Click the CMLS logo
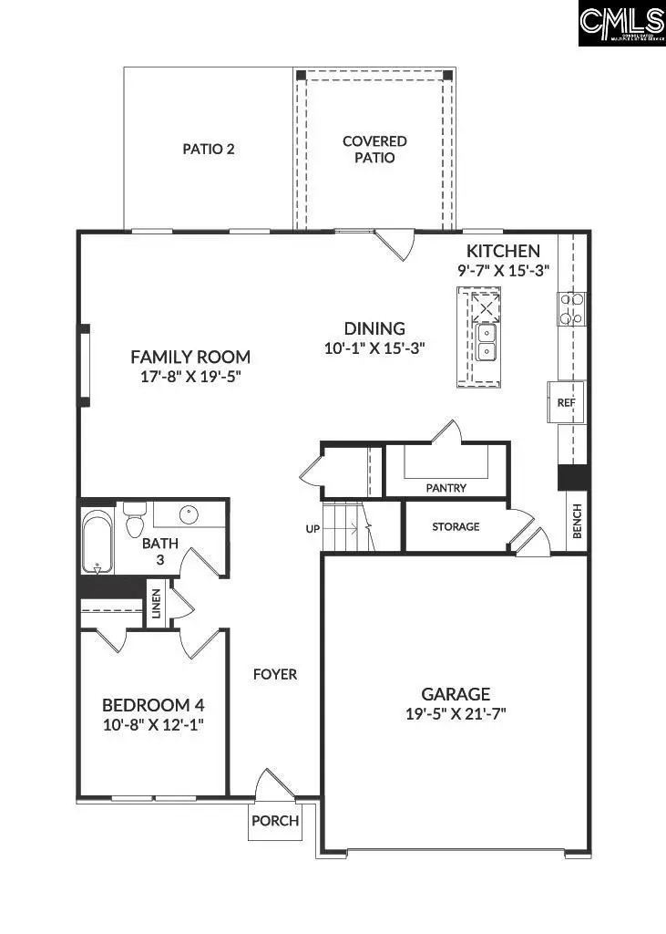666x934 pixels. click(x=622, y=24)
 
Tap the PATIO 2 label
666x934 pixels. click(x=209, y=148)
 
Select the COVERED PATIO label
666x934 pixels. click(x=374, y=150)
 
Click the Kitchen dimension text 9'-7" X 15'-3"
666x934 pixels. click(x=504, y=270)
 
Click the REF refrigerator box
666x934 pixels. click(x=567, y=402)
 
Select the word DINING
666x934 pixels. click(x=374, y=328)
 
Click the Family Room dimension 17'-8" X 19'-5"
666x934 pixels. click(x=190, y=376)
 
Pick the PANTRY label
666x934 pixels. click(x=446, y=488)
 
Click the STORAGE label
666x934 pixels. click(x=456, y=526)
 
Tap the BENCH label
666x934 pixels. click(x=577, y=522)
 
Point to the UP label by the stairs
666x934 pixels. click(x=313, y=528)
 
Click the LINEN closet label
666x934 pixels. click(x=156, y=603)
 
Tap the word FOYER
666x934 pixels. click(x=275, y=674)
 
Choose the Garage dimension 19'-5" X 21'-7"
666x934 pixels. click(x=456, y=714)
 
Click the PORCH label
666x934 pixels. click(x=275, y=820)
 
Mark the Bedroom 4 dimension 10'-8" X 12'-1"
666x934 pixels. click(x=153, y=724)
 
